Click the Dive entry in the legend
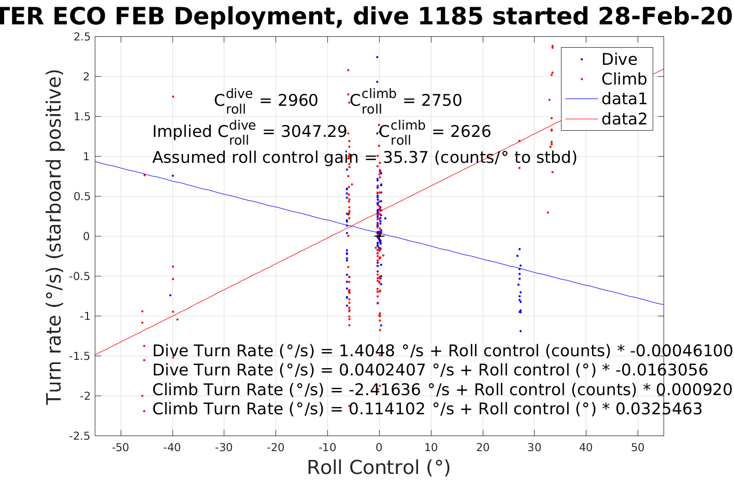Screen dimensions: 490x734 point(619,60)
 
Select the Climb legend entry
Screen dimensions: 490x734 point(624,79)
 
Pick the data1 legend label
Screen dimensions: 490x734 point(624,99)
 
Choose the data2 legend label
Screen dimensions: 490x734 point(624,119)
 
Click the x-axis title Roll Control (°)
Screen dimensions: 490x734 point(379,468)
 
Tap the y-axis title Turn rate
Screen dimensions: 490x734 point(54,236)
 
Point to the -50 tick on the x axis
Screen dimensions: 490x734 point(120,447)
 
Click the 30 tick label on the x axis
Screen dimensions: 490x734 point(535,447)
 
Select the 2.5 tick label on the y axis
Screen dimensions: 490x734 point(82,37)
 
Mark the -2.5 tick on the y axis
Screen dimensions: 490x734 point(80,436)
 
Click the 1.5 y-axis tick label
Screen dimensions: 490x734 point(82,117)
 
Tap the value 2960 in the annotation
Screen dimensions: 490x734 point(298,101)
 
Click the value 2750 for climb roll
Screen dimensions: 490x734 point(441,101)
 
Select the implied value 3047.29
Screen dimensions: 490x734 point(314,132)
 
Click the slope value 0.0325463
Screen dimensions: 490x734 point(658,409)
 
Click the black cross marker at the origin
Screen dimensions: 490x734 point(379,236)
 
